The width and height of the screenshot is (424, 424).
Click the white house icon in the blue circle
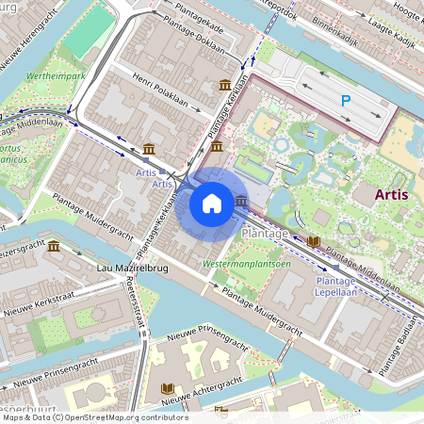(x=212, y=203)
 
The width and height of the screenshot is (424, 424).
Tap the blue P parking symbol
(x=346, y=100)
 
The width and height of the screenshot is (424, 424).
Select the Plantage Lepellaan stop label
(x=335, y=286)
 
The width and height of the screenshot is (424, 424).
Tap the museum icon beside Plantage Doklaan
(x=225, y=86)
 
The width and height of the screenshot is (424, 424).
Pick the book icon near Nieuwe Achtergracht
(x=169, y=388)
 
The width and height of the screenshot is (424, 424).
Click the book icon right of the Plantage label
(x=313, y=242)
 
